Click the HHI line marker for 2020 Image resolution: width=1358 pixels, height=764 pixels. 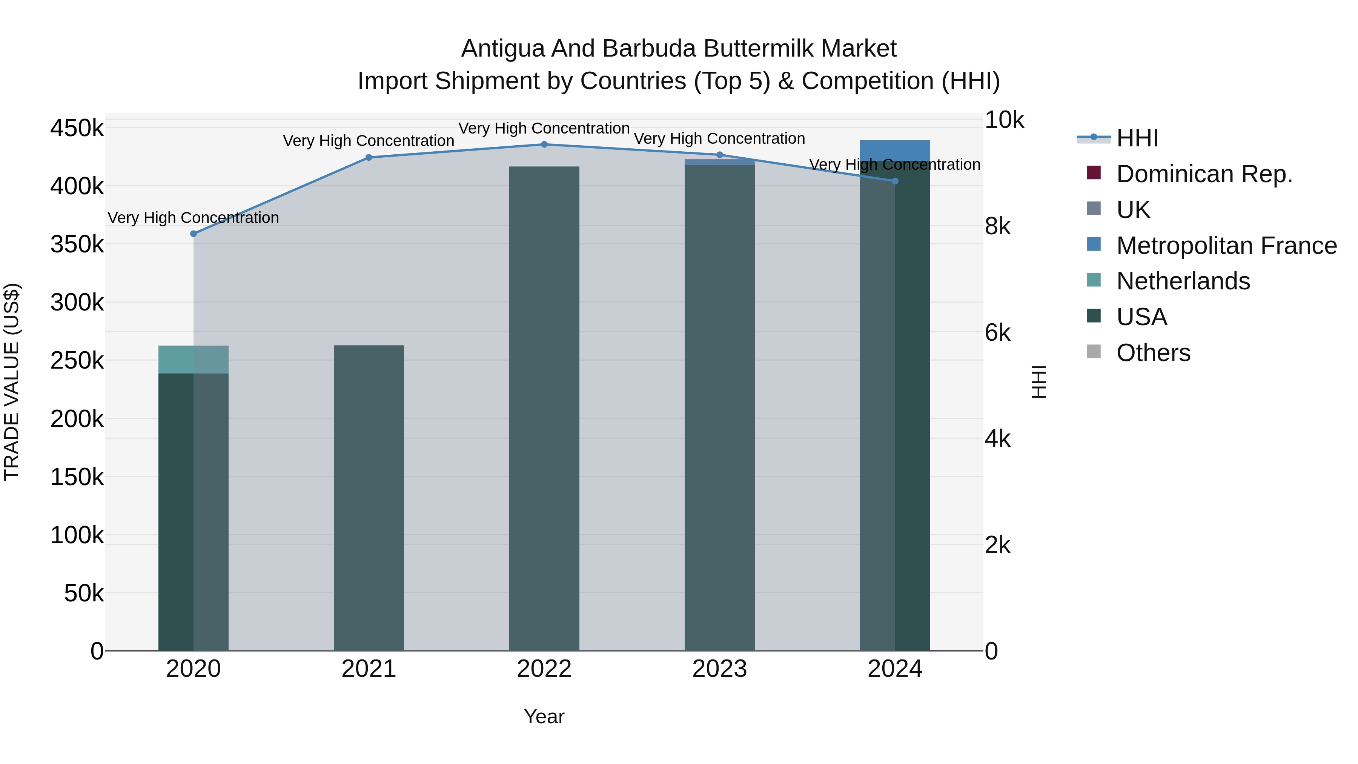(194, 234)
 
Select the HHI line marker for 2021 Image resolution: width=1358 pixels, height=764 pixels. (369, 157)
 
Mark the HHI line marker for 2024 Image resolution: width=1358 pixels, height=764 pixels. (895, 181)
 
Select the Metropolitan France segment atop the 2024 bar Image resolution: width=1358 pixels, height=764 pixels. (895, 150)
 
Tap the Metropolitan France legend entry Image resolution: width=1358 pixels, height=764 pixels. (1226, 246)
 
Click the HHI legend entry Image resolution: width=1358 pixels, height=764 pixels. (1137, 138)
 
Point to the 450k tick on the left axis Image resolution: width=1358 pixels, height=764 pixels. (77, 128)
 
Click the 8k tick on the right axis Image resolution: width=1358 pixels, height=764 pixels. (997, 226)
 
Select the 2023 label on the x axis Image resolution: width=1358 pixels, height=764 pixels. (720, 669)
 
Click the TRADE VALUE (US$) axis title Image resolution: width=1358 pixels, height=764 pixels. (12, 382)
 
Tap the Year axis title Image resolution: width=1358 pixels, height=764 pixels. (544, 716)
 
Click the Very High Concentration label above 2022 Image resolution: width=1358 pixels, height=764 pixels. (544, 128)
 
